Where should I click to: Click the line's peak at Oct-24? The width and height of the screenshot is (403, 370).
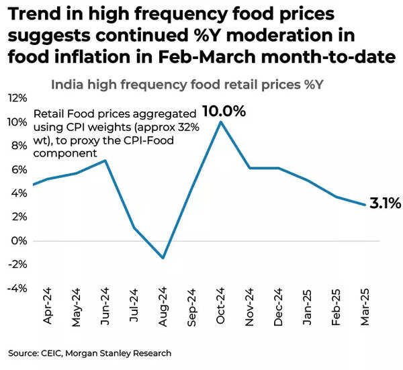(220, 122)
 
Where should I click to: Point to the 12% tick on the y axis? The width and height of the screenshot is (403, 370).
(17, 98)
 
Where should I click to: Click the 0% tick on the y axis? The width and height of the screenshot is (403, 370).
(19, 240)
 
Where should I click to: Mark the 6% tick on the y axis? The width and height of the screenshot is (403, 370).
(19, 169)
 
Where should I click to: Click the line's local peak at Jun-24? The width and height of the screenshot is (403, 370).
(105, 160)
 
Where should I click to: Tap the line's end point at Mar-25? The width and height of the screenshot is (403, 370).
(365, 205)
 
